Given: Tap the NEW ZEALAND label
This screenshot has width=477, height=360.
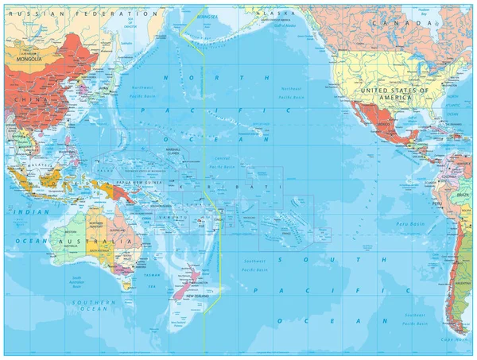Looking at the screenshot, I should (x=196, y=295).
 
